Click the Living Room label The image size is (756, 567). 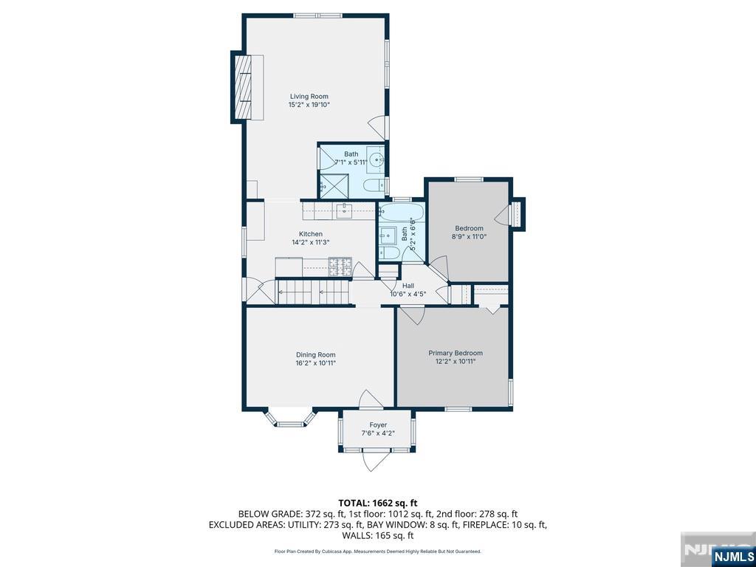309,97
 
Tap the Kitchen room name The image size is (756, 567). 311,234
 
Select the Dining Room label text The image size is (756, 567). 315,355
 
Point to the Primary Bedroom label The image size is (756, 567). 455,354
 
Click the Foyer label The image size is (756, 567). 378,425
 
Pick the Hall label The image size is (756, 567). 408,286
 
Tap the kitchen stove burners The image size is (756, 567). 340,267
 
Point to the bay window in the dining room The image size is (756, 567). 289,418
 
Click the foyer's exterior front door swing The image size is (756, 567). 375,461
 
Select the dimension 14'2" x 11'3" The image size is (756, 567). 311,242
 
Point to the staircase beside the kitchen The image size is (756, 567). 312,292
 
